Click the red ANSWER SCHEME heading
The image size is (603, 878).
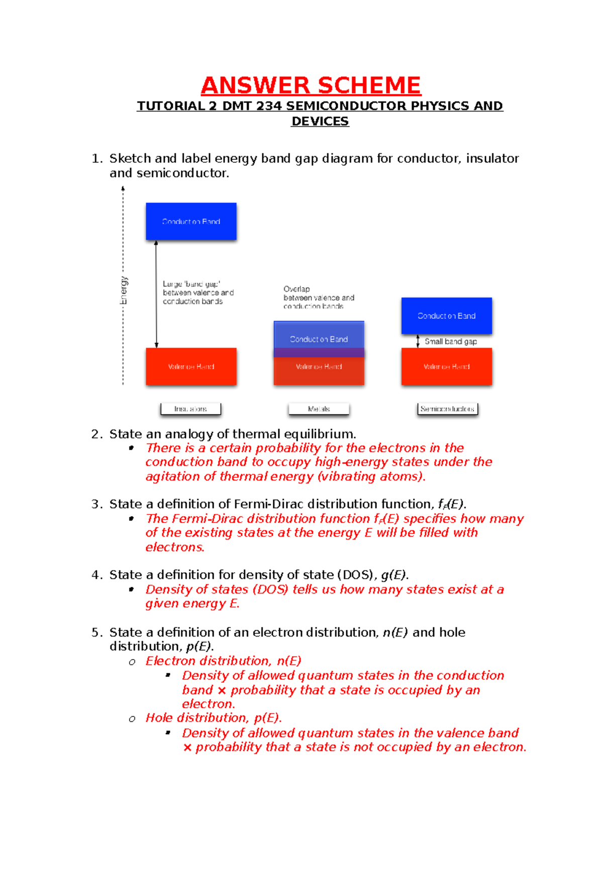point(311,85)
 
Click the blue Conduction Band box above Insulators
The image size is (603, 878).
point(191,221)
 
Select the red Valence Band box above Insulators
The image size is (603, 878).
point(191,366)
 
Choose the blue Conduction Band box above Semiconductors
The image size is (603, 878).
point(446,316)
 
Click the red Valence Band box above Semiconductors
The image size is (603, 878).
point(446,366)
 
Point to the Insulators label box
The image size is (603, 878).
point(190,409)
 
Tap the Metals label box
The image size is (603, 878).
point(319,409)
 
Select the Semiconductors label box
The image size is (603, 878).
point(447,409)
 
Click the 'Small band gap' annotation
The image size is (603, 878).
point(451,341)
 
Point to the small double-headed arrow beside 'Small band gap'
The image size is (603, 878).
point(418,341)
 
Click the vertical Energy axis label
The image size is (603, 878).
point(124,290)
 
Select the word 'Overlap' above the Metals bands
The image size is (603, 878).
point(296,289)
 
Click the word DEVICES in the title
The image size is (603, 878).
point(320,121)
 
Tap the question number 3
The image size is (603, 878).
point(96,504)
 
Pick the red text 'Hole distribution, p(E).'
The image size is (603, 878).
point(214,718)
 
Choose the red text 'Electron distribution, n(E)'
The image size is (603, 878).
point(223,661)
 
